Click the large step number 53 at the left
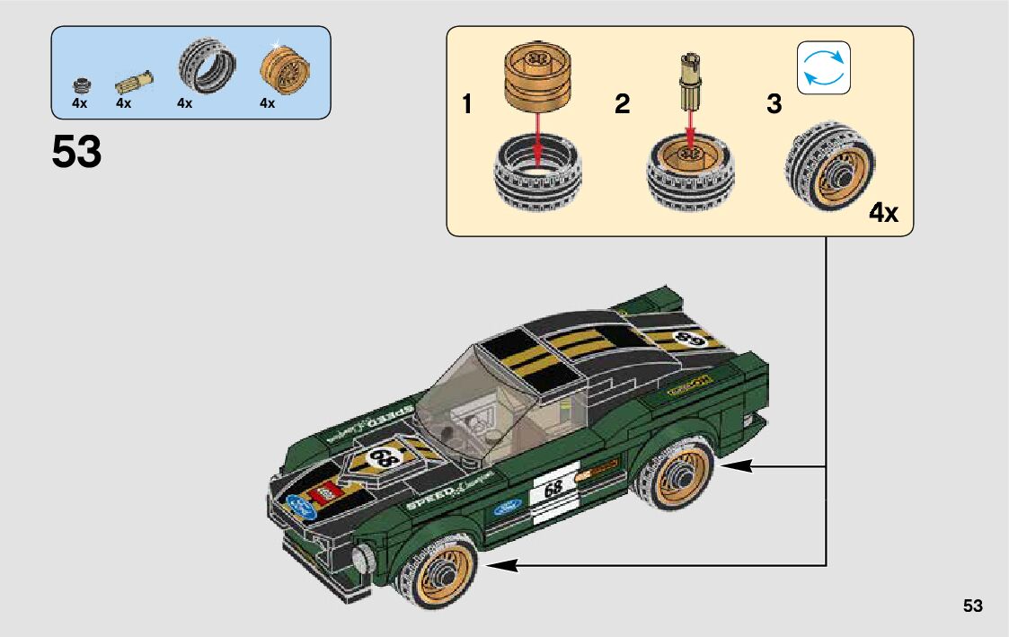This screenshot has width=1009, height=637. tap(76, 152)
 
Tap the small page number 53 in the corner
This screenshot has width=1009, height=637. tap(973, 606)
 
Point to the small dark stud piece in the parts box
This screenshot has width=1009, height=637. tap(83, 86)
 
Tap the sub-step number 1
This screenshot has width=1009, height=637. tap(466, 105)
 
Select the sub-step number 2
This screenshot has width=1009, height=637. tap(622, 105)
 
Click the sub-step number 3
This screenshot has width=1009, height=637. tap(774, 105)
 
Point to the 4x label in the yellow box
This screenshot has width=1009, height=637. tap(882, 213)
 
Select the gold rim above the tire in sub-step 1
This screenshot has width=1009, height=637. tap(536, 78)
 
